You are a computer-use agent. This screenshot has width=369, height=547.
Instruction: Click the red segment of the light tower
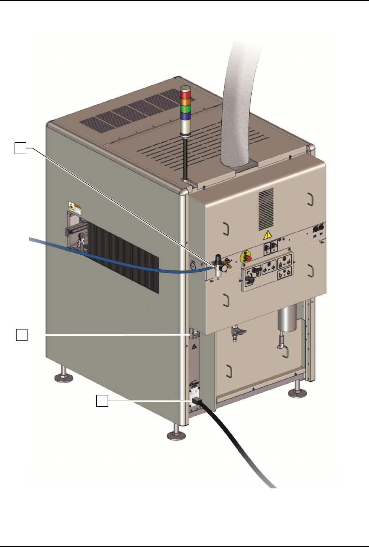click(x=185, y=95)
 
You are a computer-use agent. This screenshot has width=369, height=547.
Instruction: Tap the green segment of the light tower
click(x=185, y=109)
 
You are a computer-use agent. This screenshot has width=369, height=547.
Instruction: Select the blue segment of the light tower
click(x=185, y=116)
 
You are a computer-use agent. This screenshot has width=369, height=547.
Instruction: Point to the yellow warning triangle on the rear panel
click(x=267, y=235)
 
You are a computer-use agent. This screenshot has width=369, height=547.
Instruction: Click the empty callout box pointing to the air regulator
click(x=21, y=148)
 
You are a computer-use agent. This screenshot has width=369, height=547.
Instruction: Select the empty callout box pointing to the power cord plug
click(x=102, y=401)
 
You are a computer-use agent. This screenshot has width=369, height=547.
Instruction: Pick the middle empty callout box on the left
click(x=21, y=335)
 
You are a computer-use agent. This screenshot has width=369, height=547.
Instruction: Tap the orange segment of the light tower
click(x=185, y=102)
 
